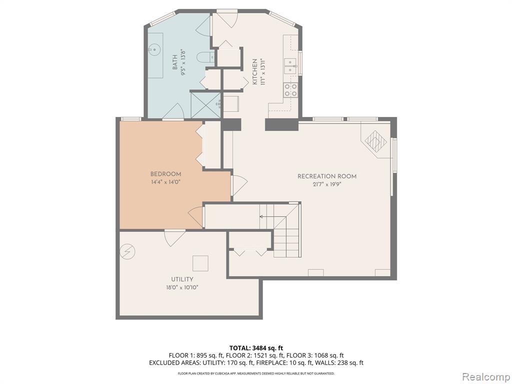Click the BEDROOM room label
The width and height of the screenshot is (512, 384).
coord(165,174)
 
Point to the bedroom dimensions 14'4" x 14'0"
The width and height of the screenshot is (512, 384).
coord(165,182)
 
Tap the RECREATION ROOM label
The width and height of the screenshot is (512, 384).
coord(327,176)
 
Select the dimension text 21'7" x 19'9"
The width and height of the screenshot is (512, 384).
coord(327,184)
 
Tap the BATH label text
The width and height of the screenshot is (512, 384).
coord(175,62)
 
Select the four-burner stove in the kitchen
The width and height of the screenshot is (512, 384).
coord(290,90)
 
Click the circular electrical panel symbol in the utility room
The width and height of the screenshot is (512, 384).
coord(128,251)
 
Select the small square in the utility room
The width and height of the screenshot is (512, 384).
coord(201,263)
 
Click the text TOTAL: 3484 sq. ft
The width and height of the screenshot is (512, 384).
coord(256,348)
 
